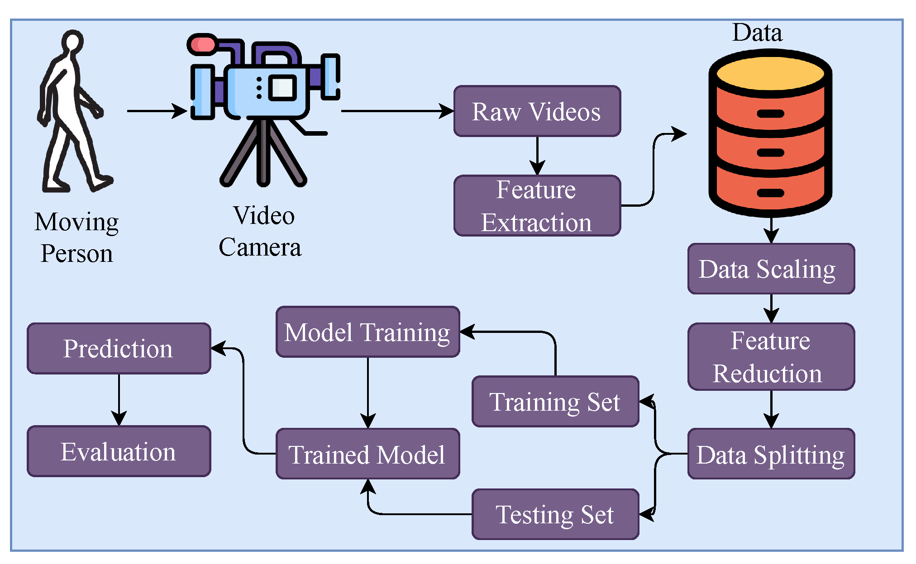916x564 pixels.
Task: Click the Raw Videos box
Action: [537, 111]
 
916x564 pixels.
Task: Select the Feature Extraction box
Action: [537, 206]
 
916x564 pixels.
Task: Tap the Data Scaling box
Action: [771, 269]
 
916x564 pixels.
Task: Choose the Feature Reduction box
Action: [771, 356]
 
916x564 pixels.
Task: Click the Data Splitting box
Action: [771, 454]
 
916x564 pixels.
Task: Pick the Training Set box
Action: [555, 402]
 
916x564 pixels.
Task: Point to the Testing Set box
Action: [555, 514]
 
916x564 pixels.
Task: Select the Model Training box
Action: [367, 332]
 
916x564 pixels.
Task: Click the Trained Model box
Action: [367, 454]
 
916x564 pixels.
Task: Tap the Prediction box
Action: [119, 348]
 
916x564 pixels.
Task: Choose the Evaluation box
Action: [119, 451]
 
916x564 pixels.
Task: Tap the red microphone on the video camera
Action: [202, 45]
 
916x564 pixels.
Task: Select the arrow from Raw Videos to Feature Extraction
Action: [537, 156]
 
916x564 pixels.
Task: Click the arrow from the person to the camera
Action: [156, 111]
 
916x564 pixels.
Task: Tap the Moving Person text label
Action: [76, 237]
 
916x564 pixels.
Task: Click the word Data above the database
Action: [757, 33]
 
